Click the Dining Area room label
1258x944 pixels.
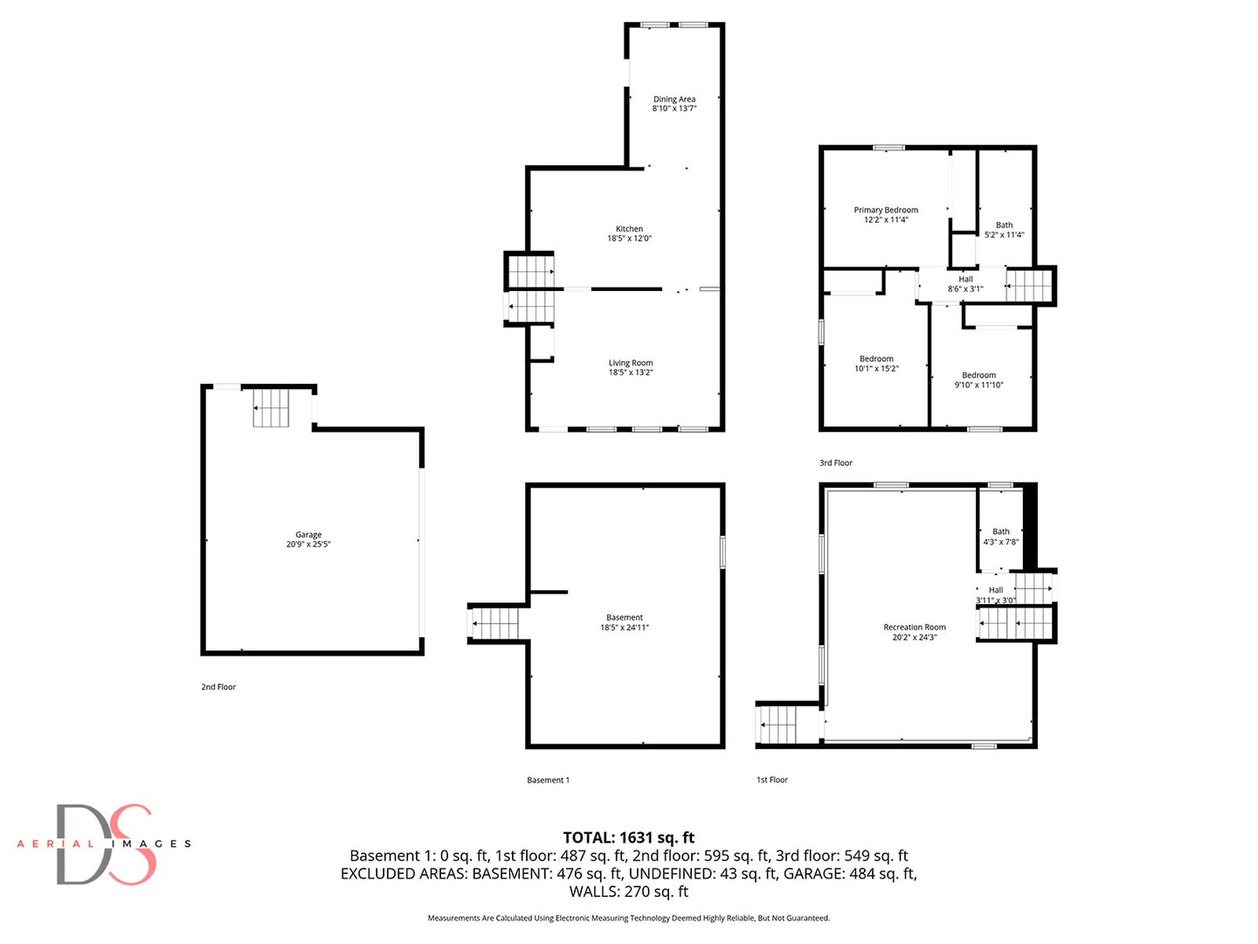click(674, 100)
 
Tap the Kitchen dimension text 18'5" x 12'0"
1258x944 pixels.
click(629, 239)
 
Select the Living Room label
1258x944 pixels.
click(631, 363)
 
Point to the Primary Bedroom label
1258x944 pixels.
click(886, 210)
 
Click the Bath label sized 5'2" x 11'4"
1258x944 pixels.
click(1005, 226)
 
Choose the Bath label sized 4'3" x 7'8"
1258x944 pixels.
click(1001, 531)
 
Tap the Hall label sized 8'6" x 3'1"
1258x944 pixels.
click(965, 280)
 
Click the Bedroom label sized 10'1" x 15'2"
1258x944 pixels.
click(876, 359)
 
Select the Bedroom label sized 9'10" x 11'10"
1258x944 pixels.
click(978, 375)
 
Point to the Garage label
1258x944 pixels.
click(308, 535)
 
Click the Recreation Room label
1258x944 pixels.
click(915, 628)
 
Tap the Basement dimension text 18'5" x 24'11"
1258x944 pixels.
click(625, 628)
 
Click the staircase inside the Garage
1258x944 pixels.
click(271, 408)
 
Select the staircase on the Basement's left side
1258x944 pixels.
click(495, 624)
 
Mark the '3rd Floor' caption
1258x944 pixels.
click(836, 463)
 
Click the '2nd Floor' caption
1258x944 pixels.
click(218, 687)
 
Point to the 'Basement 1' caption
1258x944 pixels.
click(548, 781)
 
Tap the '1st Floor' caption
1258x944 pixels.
click(772, 780)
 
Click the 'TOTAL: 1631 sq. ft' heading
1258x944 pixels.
click(629, 837)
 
